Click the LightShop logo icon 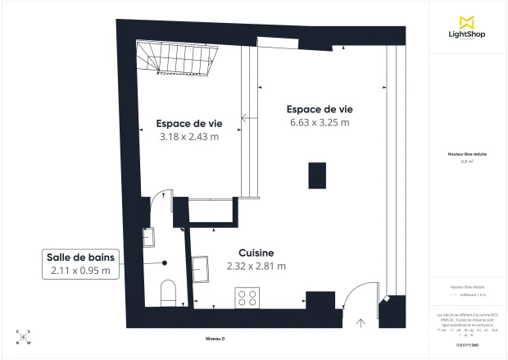click(x=469, y=21)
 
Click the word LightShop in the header click(x=468, y=35)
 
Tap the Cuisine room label click(x=256, y=253)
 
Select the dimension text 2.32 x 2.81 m click(x=256, y=266)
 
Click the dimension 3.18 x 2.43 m click(x=188, y=137)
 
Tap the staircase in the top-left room click(x=175, y=58)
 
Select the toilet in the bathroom click(x=169, y=292)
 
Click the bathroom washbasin click(x=149, y=237)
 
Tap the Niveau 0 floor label click(x=215, y=339)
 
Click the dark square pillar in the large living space click(x=315, y=175)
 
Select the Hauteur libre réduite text click(x=468, y=154)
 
